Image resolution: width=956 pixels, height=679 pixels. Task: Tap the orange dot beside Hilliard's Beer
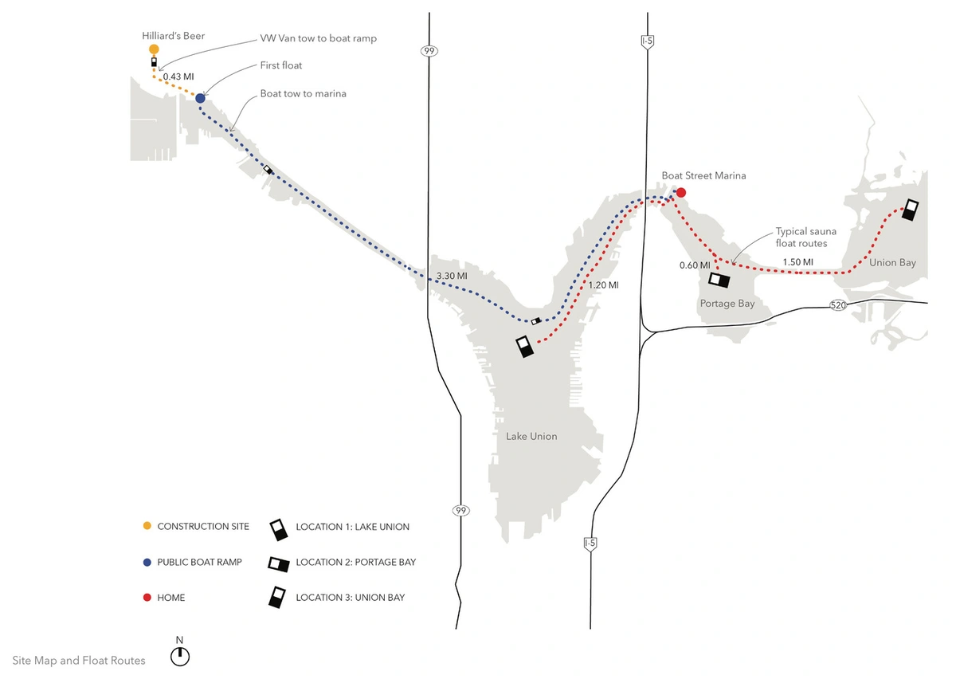pyautogui.click(x=154, y=49)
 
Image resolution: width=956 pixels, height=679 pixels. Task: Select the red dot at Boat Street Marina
pyautogui.click(x=681, y=192)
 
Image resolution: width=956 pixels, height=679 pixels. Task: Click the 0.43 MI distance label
pyautogui.click(x=178, y=77)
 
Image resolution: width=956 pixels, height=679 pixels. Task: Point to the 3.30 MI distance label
pyautogui.click(x=451, y=277)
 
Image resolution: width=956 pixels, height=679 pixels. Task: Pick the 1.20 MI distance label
pyautogui.click(x=602, y=285)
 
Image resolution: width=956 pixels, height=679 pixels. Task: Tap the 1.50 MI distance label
pyautogui.click(x=797, y=262)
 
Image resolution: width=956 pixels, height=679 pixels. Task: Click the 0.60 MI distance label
pyautogui.click(x=694, y=265)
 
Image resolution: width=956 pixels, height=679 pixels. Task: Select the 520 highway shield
pyautogui.click(x=837, y=305)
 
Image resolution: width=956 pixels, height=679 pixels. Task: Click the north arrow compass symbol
pyautogui.click(x=181, y=656)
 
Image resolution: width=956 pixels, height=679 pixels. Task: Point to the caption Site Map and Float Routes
pyautogui.click(x=79, y=661)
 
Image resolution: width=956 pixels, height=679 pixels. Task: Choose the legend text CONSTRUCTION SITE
pyautogui.click(x=203, y=527)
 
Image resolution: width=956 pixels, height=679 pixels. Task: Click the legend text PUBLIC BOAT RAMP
pyautogui.click(x=199, y=562)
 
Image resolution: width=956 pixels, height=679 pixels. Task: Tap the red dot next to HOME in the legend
pyautogui.click(x=146, y=598)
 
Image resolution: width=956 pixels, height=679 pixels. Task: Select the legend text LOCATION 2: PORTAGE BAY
pyautogui.click(x=355, y=562)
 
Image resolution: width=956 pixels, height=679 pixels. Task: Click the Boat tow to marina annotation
pyautogui.click(x=303, y=93)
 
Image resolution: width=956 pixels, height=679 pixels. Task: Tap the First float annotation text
pyautogui.click(x=281, y=65)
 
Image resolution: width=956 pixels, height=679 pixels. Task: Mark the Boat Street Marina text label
pyautogui.click(x=703, y=175)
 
